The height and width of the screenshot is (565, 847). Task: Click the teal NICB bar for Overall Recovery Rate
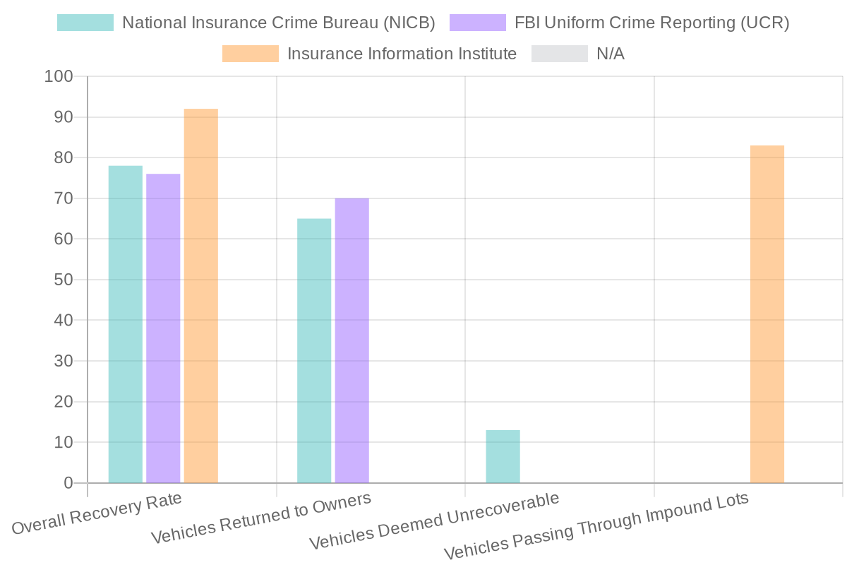click(x=125, y=324)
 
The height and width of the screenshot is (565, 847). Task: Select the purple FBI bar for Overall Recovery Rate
click(x=163, y=328)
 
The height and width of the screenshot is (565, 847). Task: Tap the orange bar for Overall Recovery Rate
click(x=200, y=296)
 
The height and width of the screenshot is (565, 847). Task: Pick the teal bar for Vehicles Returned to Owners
click(x=314, y=350)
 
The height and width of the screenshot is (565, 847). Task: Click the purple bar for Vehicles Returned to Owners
click(x=352, y=340)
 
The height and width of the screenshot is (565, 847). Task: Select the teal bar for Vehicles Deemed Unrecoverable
click(x=503, y=456)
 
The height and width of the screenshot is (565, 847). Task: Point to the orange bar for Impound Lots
click(x=767, y=314)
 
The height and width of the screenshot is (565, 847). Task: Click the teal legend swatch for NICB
click(x=85, y=23)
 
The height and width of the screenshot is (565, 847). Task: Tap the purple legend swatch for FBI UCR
click(x=477, y=23)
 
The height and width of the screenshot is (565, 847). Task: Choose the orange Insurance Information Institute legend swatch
click(x=250, y=54)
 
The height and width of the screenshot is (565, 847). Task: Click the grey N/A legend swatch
click(x=559, y=54)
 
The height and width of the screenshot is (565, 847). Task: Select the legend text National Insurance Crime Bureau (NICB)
click(x=278, y=23)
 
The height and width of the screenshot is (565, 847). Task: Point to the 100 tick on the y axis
click(x=58, y=76)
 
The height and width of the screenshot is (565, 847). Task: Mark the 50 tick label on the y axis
click(x=63, y=280)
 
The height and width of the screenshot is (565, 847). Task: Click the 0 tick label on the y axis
click(x=68, y=483)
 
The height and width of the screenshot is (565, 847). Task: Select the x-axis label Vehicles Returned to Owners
click(x=261, y=519)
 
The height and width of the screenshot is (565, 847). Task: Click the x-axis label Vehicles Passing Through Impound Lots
click(x=596, y=527)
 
